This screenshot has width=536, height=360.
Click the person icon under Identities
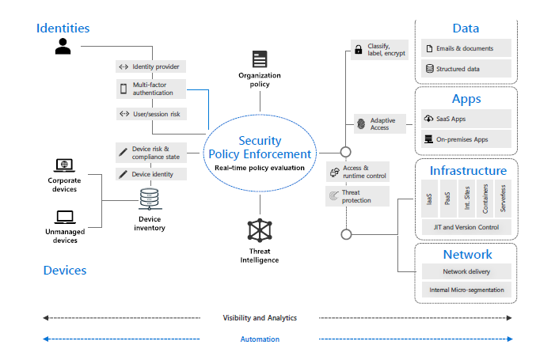coord(63,47)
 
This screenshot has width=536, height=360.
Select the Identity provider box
coord(151,66)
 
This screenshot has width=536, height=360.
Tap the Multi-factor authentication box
coord(151,88)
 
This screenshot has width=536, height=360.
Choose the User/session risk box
coord(151,114)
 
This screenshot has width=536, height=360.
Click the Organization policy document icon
coord(260,59)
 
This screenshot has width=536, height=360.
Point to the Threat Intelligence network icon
coord(260,229)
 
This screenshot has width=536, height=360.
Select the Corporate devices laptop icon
coord(63,166)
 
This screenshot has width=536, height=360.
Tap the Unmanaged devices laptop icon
coord(63,215)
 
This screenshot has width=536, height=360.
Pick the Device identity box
coord(151,174)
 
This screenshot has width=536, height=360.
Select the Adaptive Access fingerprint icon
coord(362,124)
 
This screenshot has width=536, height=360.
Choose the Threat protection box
coord(357,195)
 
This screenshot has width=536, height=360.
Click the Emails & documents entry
coord(466,49)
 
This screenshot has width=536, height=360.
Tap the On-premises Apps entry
coord(466,139)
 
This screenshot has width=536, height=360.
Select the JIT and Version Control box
coord(466,227)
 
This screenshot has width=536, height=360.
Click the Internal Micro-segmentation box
coord(466,290)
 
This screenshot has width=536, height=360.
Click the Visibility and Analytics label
coord(260,317)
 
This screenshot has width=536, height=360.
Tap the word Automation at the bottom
coord(260,339)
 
